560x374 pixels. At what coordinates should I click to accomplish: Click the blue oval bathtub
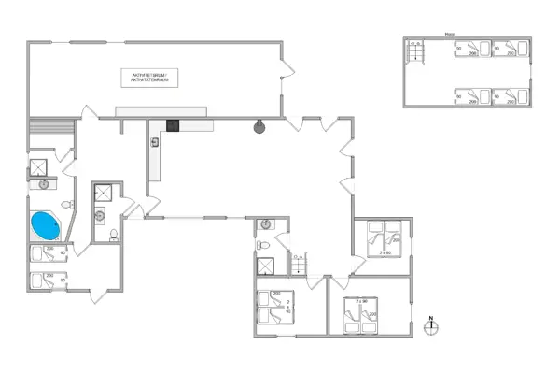click(x=44, y=225)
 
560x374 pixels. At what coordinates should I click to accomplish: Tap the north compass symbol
click(x=431, y=324)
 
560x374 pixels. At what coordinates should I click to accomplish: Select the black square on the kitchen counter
click(x=173, y=123)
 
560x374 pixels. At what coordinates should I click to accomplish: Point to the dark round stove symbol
click(x=259, y=127)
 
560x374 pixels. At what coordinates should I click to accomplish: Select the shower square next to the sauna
click(x=38, y=167)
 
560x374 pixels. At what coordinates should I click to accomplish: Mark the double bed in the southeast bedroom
click(x=359, y=315)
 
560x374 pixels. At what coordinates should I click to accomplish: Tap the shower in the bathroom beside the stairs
click(x=267, y=264)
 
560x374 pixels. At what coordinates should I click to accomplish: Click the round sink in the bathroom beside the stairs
click(x=266, y=225)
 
